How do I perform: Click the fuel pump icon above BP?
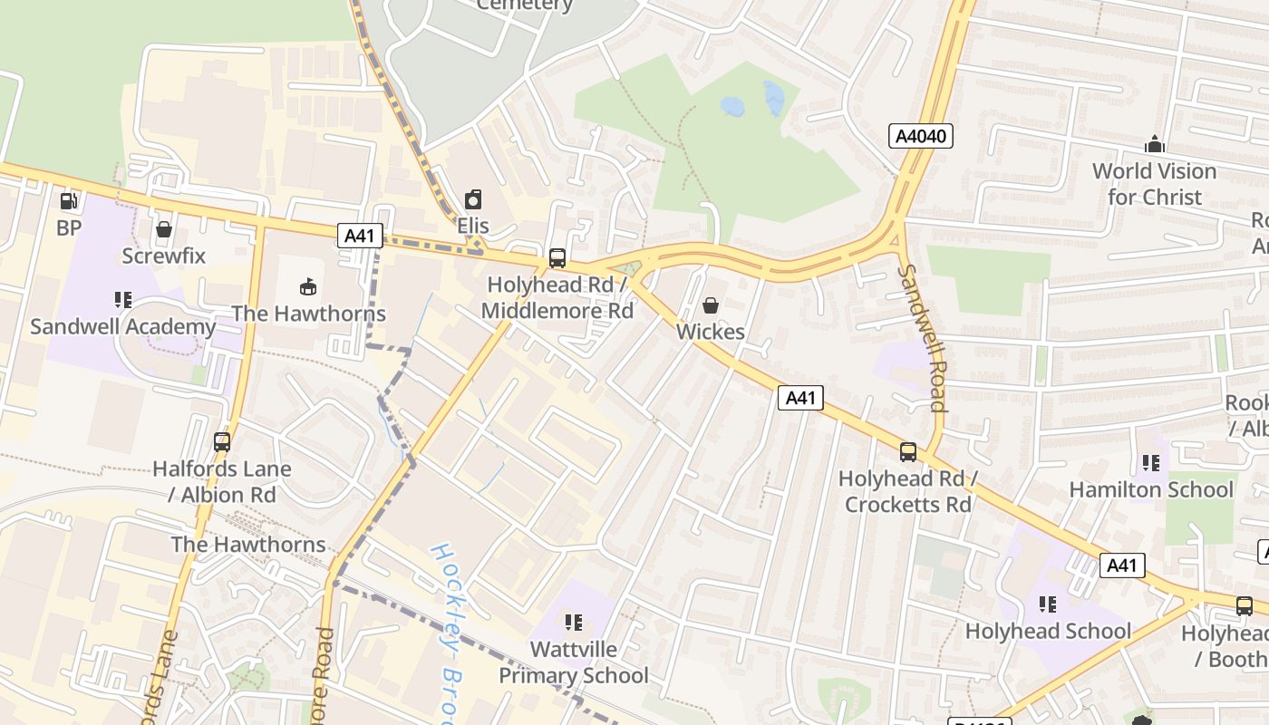click(x=69, y=201)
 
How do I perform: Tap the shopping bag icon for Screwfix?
click(x=164, y=229)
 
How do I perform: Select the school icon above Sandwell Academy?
click(x=123, y=300)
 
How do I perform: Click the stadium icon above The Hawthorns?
click(x=308, y=287)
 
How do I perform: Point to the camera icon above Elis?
click(x=473, y=199)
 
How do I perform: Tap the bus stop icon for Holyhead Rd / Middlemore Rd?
click(x=557, y=258)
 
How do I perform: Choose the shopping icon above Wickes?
click(x=711, y=305)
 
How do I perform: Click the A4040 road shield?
click(x=920, y=137)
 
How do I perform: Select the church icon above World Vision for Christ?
click(x=1154, y=144)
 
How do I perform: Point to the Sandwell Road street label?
click(x=923, y=338)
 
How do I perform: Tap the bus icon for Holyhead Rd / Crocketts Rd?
click(x=908, y=451)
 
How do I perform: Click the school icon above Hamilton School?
click(x=1151, y=463)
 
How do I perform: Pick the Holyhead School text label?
click(x=1048, y=631)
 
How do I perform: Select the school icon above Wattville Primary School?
click(x=573, y=623)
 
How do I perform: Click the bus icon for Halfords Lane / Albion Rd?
click(x=222, y=442)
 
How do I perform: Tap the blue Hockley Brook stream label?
click(x=447, y=634)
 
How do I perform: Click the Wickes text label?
click(x=711, y=332)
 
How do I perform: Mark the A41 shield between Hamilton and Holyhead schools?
click(x=1122, y=565)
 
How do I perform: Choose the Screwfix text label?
click(x=164, y=256)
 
